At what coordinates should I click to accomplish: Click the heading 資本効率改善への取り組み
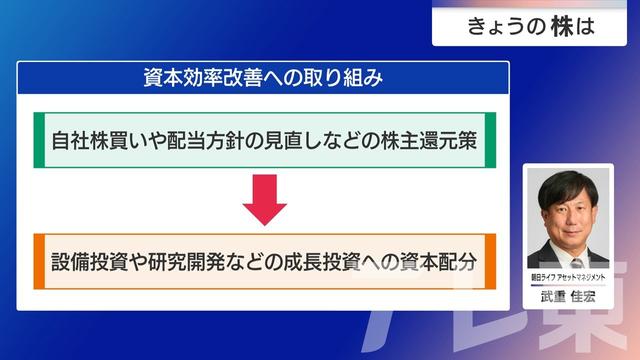point(264,76)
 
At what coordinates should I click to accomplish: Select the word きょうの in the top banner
point(505,28)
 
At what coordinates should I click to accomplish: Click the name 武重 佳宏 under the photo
point(568,296)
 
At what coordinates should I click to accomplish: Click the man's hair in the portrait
point(568,179)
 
